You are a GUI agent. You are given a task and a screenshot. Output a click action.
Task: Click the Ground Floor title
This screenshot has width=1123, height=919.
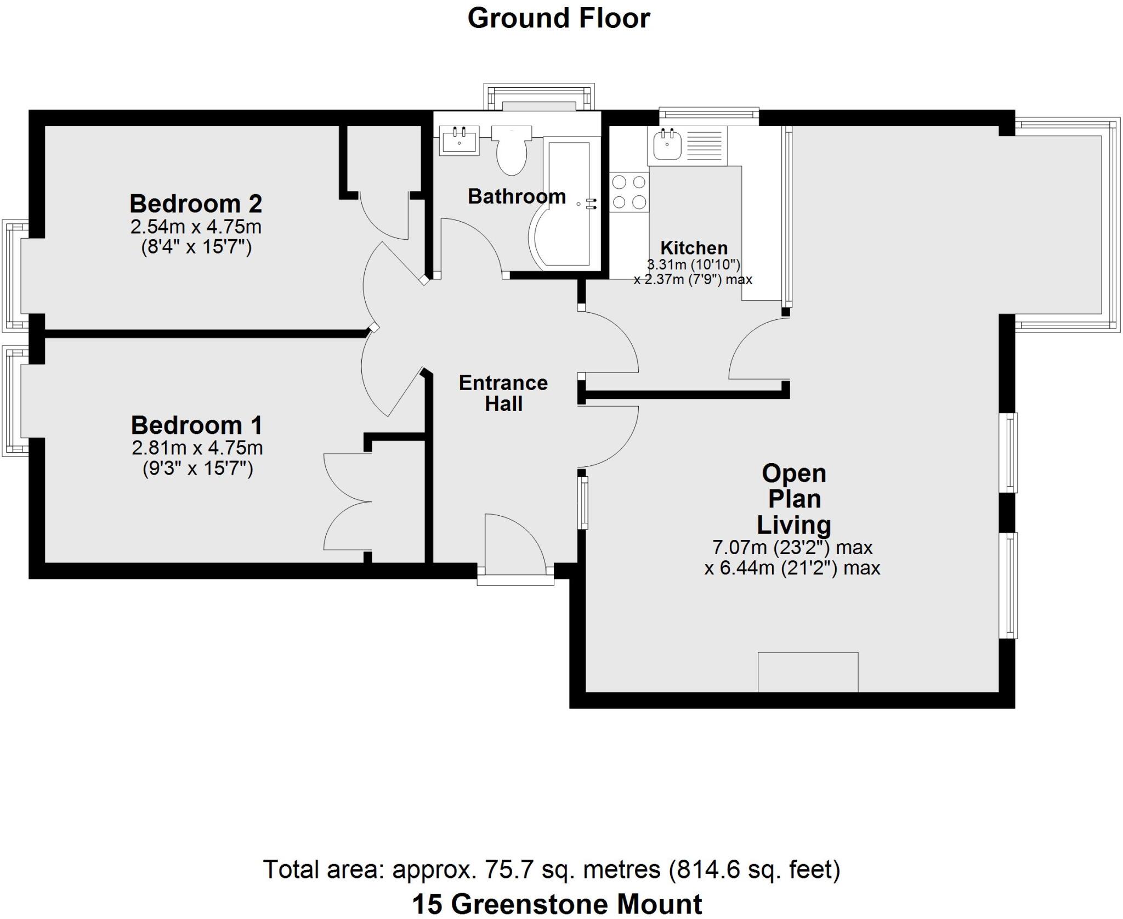(x=558, y=18)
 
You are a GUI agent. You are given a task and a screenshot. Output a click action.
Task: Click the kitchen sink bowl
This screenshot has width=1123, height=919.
(x=667, y=144)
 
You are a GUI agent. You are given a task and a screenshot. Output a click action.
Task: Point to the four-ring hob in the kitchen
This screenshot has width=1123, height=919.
(x=629, y=192)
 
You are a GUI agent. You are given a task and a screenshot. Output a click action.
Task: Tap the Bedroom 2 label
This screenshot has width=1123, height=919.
(x=196, y=204)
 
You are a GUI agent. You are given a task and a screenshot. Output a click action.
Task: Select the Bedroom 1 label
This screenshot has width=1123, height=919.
(x=196, y=425)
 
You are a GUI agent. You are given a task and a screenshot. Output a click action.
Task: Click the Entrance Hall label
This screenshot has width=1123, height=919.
(x=503, y=393)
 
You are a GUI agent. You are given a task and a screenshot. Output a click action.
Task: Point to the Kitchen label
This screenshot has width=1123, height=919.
(x=694, y=247)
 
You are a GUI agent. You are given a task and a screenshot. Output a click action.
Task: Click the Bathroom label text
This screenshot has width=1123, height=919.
(x=517, y=196)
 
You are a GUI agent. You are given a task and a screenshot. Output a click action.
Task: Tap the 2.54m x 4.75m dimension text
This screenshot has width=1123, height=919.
(x=196, y=227)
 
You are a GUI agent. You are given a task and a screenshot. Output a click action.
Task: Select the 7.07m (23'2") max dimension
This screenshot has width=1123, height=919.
(x=792, y=547)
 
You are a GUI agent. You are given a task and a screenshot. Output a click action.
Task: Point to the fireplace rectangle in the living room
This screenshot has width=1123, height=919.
(x=808, y=672)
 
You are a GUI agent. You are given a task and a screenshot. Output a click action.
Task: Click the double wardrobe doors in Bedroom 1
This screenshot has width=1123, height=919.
(x=345, y=502)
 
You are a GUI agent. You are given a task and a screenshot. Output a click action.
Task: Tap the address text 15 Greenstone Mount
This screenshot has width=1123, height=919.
(x=557, y=904)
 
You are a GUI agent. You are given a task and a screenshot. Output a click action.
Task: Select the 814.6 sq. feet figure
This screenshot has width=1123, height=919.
(x=754, y=870)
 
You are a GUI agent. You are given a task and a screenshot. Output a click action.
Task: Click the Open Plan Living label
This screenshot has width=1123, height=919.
(x=793, y=499)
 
